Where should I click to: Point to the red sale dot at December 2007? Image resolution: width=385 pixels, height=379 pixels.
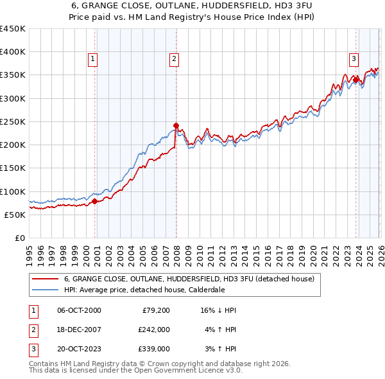pos(176,125)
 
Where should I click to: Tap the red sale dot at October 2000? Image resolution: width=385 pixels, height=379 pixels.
pos(94,201)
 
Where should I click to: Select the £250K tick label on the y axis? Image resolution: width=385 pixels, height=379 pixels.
pos(13,121)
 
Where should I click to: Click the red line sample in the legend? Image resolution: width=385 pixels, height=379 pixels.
pos(45,279)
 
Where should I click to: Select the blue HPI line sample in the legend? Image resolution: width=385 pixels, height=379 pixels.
pos(45,290)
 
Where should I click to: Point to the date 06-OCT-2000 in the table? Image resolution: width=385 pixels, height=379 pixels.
pos(79,310)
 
